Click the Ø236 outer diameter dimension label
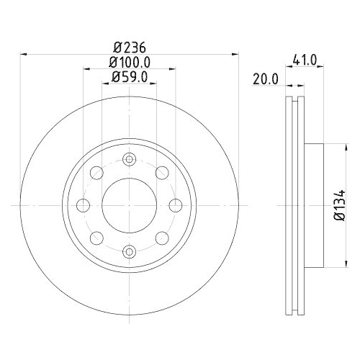(130, 48)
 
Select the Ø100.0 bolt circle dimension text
(130, 63)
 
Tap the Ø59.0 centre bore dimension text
(130, 78)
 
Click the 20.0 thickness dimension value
(264, 79)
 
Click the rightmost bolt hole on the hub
(175, 205)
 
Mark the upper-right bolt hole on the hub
(161, 173)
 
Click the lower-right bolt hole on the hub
(161, 238)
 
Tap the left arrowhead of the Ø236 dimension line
(22, 53)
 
